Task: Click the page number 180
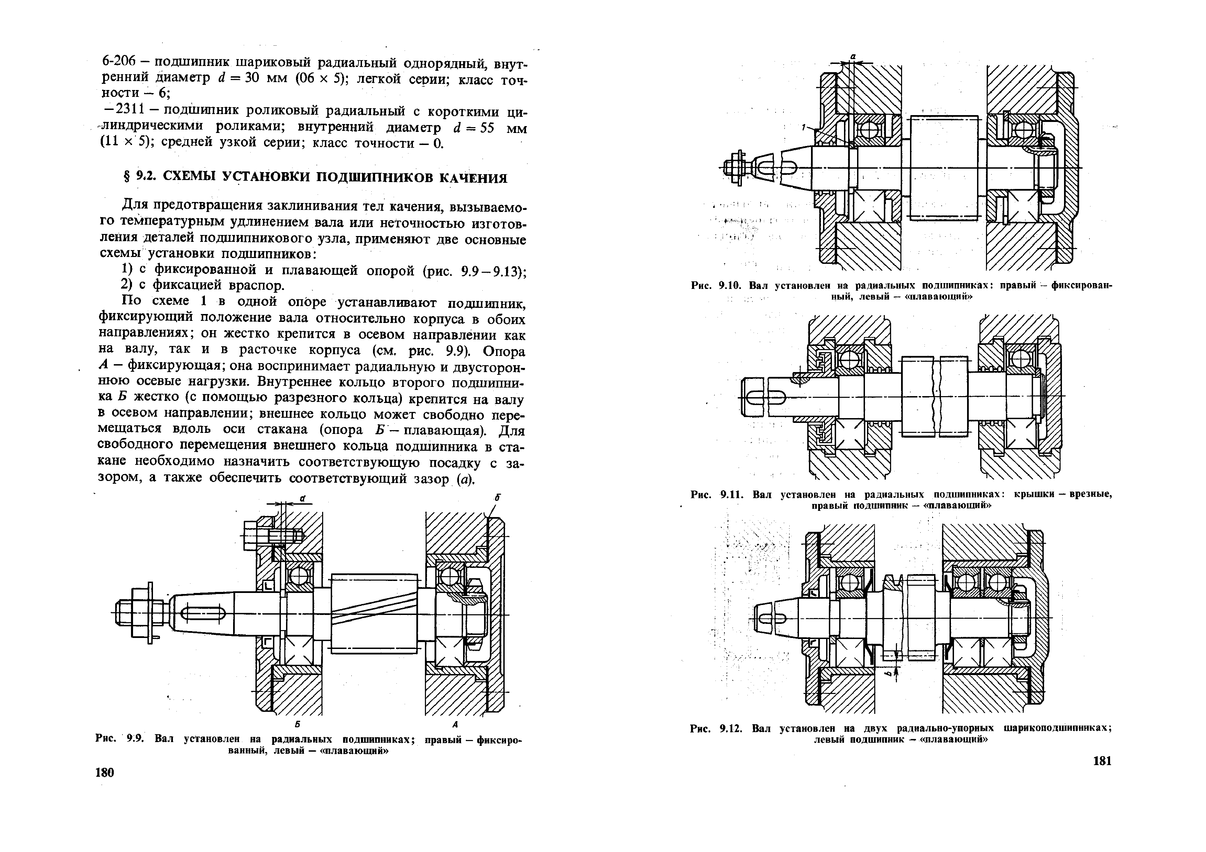[105, 772]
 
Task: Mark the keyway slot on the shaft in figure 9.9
[203, 614]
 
